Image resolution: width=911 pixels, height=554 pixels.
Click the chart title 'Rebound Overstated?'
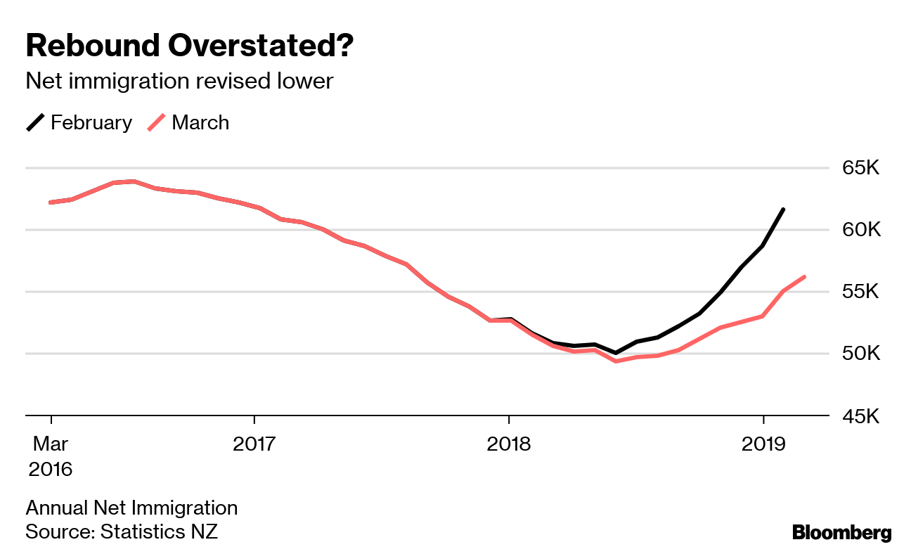click(189, 46)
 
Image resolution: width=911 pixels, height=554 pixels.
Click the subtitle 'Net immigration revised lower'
click(179, 82)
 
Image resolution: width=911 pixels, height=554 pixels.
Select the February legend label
click(91, 122)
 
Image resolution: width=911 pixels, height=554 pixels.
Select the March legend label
click(200, 122)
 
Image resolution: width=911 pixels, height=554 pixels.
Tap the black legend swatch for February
click(35, 122)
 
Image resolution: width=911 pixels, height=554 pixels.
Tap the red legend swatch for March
click(157, 122)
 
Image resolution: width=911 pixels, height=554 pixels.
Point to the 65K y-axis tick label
click(860, 169)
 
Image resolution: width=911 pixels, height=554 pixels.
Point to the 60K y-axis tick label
click(860, 231)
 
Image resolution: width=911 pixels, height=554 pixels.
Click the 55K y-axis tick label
click(860, 292)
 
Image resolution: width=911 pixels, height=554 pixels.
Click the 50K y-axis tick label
click(860, 354)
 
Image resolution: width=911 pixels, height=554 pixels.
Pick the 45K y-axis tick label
click(860, 416)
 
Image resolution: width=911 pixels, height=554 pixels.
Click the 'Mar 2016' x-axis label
click(50, 456)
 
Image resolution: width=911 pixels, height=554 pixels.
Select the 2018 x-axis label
click(508, 444)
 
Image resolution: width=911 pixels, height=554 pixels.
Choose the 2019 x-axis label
click(763, 444)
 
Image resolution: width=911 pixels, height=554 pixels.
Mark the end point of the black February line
click(783, 210)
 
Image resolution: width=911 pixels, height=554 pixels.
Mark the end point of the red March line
click(804, 277)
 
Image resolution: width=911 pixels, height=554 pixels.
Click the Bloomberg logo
click(841, 533)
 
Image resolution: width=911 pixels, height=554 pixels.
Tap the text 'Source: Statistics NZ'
click(122, 532)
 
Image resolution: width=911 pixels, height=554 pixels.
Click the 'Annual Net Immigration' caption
click(131, 508)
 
